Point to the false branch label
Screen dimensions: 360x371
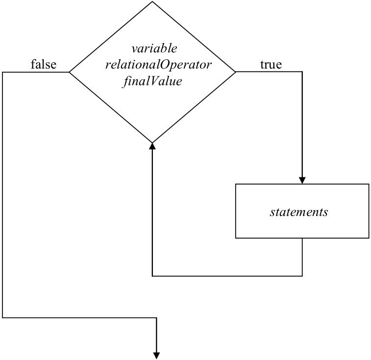coord(43,64)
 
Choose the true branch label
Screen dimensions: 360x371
coord(271,64)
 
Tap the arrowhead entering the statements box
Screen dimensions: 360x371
coord(302,180)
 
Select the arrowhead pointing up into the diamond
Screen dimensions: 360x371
coord(152,145)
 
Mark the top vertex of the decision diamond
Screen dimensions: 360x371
coord(152,2)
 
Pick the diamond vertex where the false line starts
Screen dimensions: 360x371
coord(69,72)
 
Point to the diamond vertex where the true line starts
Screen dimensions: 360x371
coord(236,72)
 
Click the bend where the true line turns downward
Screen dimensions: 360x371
coord(302,72)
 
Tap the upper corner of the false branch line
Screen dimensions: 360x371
coord(2,72)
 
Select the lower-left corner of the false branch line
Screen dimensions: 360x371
coord(2,317)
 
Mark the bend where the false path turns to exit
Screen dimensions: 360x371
coord(157,317)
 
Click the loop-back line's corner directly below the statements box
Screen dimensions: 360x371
coord(302,276)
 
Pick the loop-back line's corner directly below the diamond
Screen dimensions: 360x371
coord(152,276)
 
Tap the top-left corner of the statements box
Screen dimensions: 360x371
coord(236,184)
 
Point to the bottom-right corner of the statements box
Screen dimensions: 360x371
coord(369,238)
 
